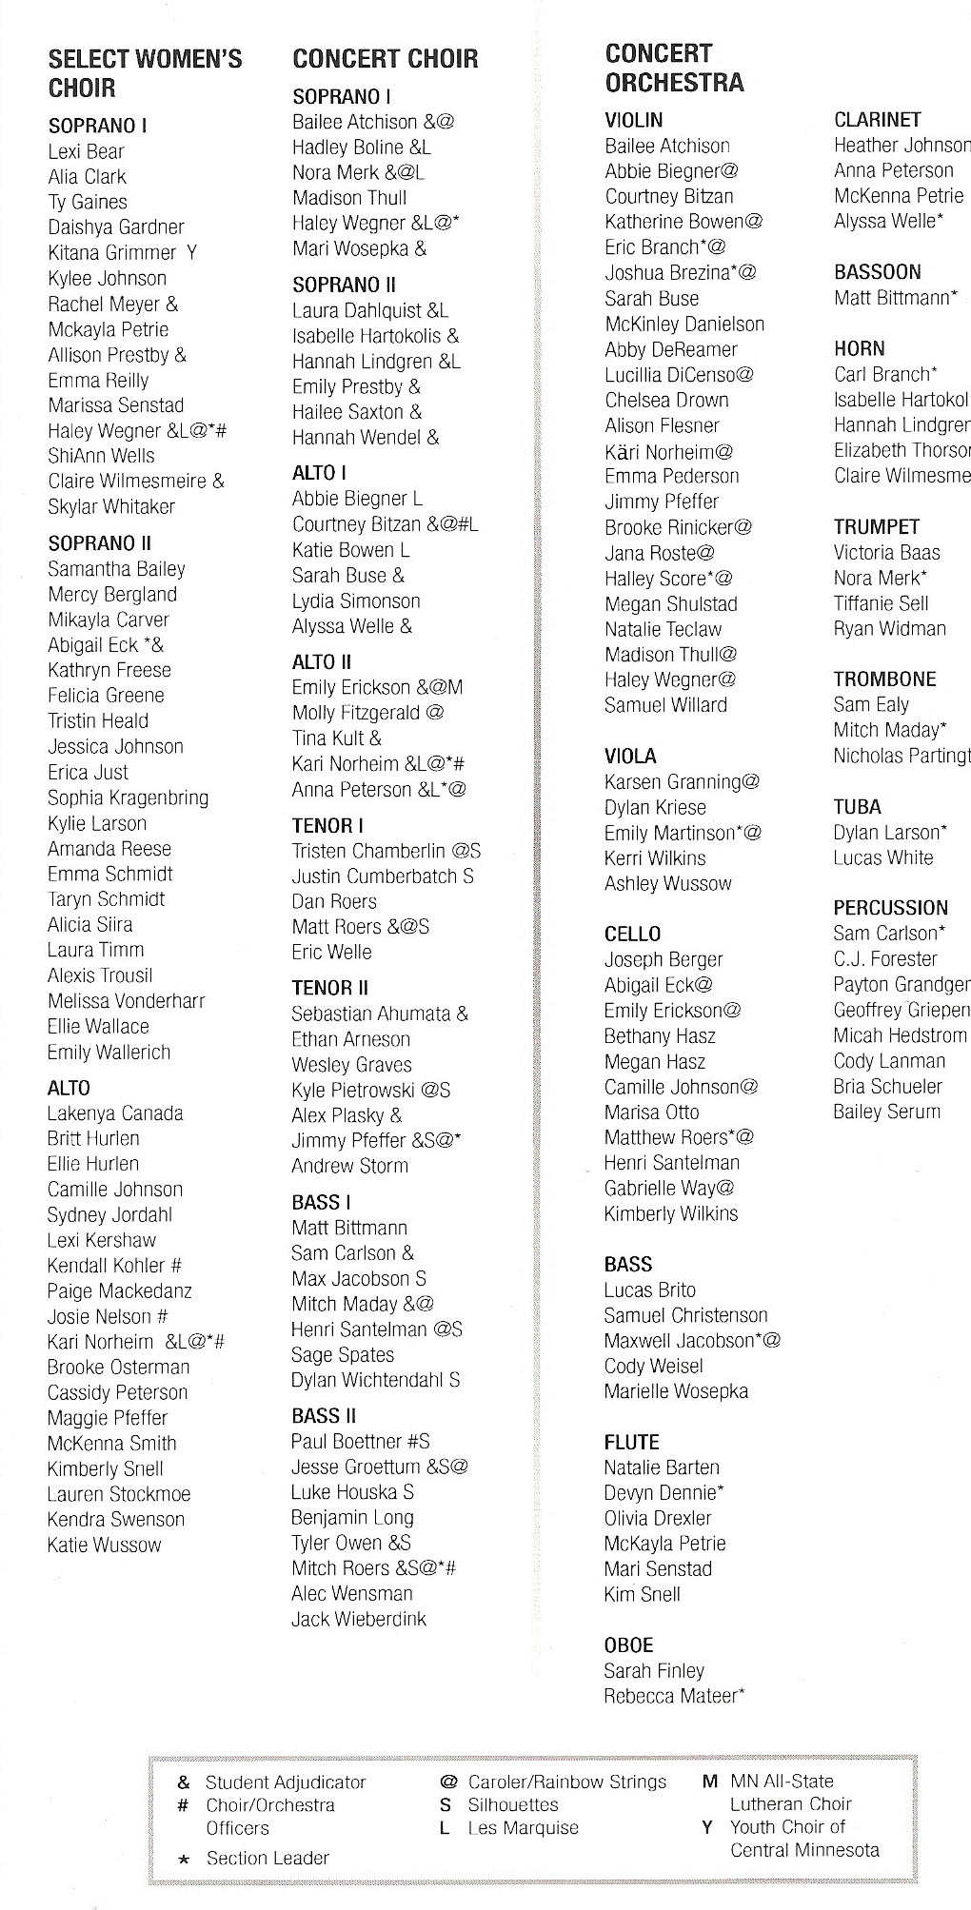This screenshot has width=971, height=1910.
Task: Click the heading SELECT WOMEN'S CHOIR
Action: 145,74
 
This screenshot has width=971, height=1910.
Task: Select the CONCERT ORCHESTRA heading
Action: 673,68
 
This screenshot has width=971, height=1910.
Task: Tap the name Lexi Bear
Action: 86,151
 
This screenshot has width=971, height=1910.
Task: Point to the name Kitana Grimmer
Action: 111,253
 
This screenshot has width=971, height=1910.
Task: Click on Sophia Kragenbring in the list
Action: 128,797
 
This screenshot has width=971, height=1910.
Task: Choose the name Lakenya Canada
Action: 114,1113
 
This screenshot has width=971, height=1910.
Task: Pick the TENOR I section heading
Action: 327,826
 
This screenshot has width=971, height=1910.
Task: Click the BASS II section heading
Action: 324,1416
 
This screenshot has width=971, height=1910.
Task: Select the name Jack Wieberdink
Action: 358,1619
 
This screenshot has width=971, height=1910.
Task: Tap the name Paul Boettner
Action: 347,1442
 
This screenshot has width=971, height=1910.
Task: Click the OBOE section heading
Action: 628,1645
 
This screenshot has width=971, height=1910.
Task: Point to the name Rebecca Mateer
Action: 670,1696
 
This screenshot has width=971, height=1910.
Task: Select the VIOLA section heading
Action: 630,757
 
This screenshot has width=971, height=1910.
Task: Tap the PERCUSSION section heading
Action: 890,908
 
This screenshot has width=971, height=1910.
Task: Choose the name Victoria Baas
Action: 886,553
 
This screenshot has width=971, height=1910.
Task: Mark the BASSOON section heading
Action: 877,272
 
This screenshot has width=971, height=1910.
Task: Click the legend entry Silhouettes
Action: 512,1804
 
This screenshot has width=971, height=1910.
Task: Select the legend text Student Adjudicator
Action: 286,1782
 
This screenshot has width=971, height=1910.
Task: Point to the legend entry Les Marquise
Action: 523,1828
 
